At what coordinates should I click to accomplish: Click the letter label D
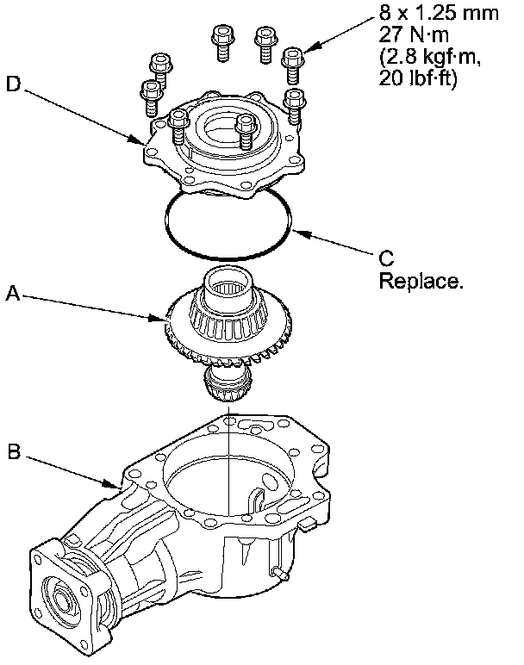(x=12, y=84)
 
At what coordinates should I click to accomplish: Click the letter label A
(x=12, y=294)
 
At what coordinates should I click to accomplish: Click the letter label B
(x=12, y=449)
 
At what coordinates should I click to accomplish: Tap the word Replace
(x=420, y=282)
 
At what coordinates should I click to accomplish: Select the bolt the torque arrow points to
(x=294, y=60)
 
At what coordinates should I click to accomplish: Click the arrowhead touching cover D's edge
(x=138, y=139)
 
